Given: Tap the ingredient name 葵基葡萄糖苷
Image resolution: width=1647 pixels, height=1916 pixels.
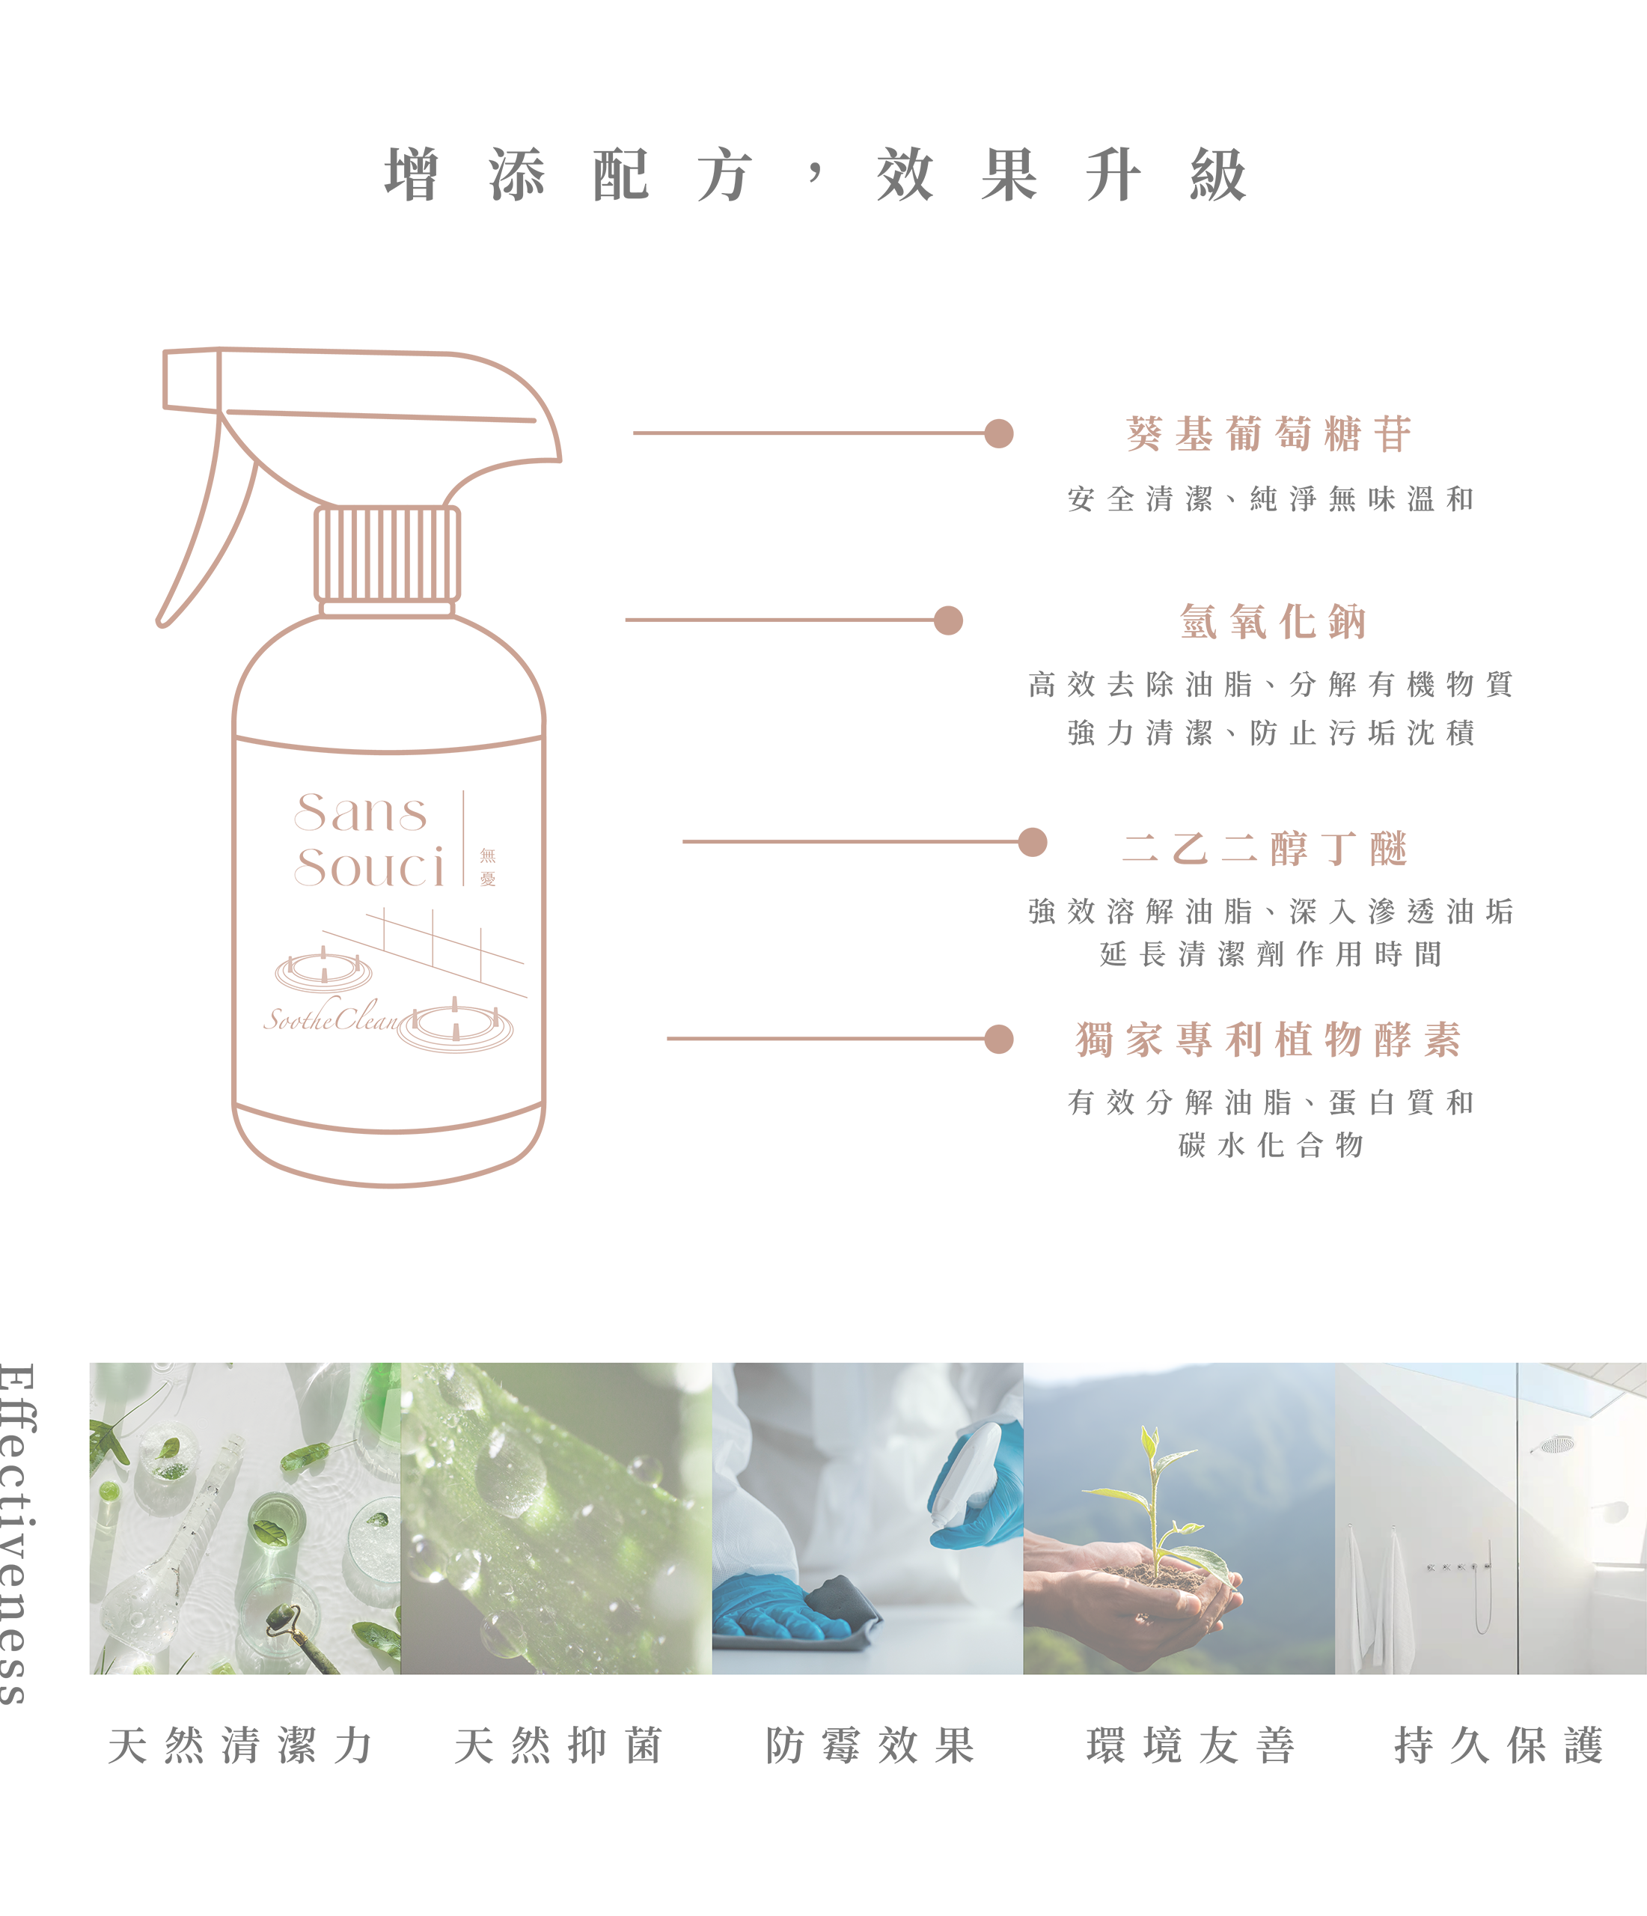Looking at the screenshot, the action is [x=1269, y=433].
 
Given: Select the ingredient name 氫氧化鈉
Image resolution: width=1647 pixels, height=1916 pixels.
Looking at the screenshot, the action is [x=1272, y=621].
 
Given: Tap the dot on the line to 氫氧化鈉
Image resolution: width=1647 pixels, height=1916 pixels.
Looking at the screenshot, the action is [x=948, y=620].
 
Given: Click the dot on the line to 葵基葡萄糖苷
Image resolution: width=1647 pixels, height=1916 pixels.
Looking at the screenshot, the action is [x=999, y=433].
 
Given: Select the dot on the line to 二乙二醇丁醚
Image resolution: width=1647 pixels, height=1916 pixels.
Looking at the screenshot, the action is [x=1032, y=841].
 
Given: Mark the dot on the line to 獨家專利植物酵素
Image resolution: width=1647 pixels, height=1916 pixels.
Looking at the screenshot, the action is [x=999, y=1038].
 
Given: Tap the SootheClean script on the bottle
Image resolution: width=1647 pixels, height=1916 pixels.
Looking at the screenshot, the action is [x=331, y=1017].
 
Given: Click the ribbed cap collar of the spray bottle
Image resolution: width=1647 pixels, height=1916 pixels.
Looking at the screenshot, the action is [x=387, y=554].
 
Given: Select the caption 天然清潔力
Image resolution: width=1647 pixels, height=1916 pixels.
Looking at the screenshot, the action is [x=240, y=1746].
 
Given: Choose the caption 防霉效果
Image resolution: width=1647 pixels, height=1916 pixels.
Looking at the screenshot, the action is [x=870, y=1746].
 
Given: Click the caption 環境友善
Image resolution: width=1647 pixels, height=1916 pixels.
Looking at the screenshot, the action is [x=1191, y=1746].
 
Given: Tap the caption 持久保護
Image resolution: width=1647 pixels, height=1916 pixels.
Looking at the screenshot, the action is [x=1498, y=1746].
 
